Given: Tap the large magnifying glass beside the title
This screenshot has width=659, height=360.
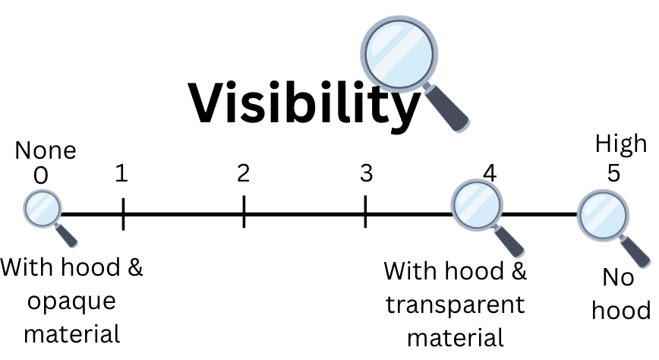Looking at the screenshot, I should pos(400,53).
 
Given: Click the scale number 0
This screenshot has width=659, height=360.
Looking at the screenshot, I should pos(41,175).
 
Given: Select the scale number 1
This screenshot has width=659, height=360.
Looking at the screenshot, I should pos(121,174).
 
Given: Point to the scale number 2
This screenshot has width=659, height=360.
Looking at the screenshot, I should pos(243,174).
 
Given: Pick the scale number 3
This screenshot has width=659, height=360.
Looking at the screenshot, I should pos(366,174).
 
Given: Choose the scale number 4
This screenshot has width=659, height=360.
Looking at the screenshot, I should pos(490,174).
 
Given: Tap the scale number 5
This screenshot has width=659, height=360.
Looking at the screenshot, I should pos(613,174).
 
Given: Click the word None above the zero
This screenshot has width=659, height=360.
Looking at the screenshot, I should pos(46,150).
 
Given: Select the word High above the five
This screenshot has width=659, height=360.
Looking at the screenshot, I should pos(621,143).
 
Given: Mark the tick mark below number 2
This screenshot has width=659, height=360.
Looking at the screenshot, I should pos(244,213).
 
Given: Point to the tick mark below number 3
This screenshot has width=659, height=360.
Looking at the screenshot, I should pos(365,213).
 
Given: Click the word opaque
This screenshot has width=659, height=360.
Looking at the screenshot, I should pos(71,301).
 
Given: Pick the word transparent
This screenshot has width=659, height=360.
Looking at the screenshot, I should pos(455,305).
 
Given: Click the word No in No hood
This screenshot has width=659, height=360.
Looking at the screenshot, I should pos(619,278).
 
